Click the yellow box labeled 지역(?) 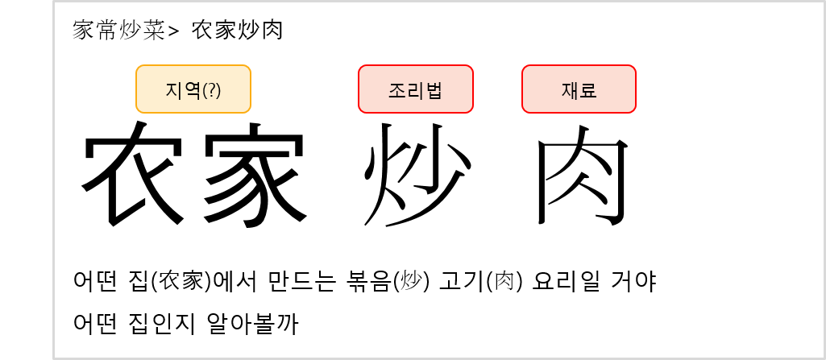pyautogui.click(x=193, y=89)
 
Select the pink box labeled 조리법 pyautogui.click(x=415, y=89)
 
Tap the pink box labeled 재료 pyautogui.click(x=579, y=89)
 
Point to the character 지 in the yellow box pyautogui.click(x=174, y=90)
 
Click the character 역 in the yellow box pyautogui.click(x=192, y=90)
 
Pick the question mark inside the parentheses pyautogui.click(x=212, y=90)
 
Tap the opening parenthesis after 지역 pyautogui.click(x=205, y=90)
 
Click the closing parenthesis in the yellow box pyautogui.click(x=218, y=90)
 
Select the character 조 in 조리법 pyautogui.click(x=397, y=90)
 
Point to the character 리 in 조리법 pyautogui.click(x=415, y=90)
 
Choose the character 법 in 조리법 pyautogui.click(x=434, y=90)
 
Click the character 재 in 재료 pyautogui.click(x=570, y=90)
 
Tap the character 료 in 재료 pyautogui.click(x=587, y=90)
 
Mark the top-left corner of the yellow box pyautogui.click(x=138, y=67)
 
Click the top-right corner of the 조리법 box pyautogui.click(x=471, y=67)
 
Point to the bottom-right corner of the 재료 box pyautogui.click(x=634, y=111)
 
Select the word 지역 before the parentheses pyautogui.click(x=183, y=90)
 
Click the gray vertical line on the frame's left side pyautogui.click(x=54, y=177)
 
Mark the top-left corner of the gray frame pyautogui.click(x=54, y=2)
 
